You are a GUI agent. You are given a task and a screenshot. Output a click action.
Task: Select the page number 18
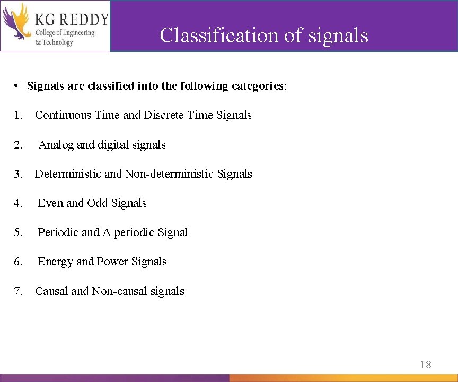(426, 364)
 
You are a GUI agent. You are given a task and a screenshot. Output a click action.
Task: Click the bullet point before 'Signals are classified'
(17, 86)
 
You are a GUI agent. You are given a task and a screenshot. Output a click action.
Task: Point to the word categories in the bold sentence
(258, 86)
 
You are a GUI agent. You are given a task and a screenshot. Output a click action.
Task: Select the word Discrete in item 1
(164, 115)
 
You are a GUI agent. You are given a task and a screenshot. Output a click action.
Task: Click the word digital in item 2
(112, 145)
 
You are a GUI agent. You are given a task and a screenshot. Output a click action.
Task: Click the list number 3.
(19, 174)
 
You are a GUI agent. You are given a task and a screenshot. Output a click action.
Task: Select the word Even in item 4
(50, 203)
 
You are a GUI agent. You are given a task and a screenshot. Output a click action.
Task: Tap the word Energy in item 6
(56, 262)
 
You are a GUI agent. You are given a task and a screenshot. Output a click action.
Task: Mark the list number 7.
(19, 291)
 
